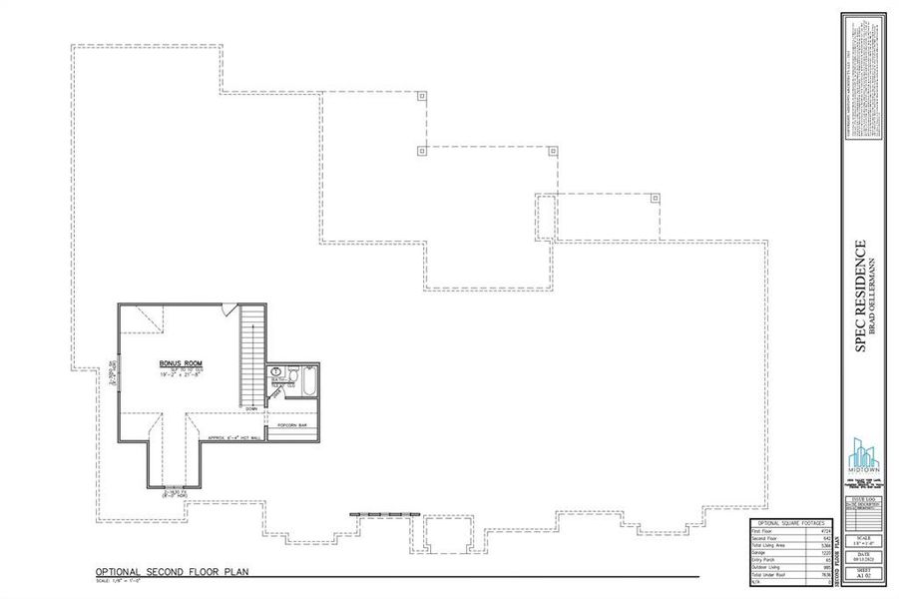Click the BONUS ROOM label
pos(181,363)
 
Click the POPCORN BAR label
pos(291,424)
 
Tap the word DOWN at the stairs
pos(253,407)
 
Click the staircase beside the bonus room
pos(253,354)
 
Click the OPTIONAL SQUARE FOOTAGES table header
pos(791,523)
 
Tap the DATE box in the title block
pos(864,556)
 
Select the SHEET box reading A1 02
pos(864,574)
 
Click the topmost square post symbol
pos(422,97)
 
